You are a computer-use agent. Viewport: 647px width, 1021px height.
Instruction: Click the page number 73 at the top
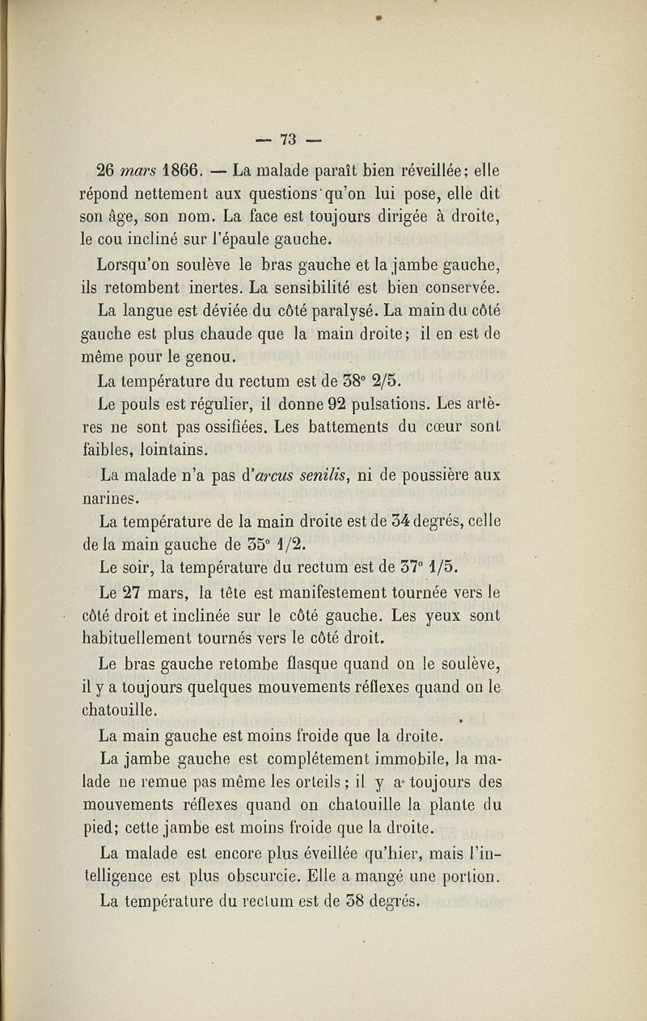(289, 137)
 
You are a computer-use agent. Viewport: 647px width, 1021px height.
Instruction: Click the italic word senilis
(332, 475)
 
